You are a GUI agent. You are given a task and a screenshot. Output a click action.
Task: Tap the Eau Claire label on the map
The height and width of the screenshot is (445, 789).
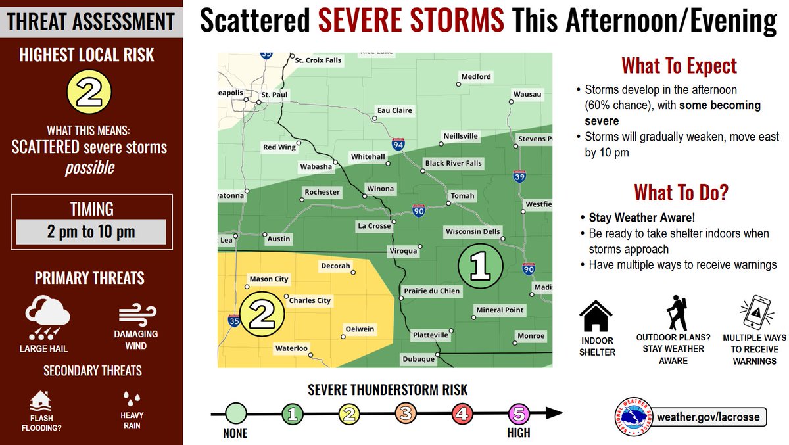tap(394, 110)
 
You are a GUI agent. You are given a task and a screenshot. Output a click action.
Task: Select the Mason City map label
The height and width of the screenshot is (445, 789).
tap(269, 279)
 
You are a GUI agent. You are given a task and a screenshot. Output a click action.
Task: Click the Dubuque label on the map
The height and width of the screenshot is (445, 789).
tap(418, 359)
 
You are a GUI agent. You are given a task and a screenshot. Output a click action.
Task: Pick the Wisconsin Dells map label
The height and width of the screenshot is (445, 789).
tap(473, 232)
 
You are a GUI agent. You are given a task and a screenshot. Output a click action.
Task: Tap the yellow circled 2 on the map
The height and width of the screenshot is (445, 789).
tap(261, 315)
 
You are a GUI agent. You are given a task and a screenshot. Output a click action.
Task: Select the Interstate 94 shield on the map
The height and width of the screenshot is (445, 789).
tap(398, 143)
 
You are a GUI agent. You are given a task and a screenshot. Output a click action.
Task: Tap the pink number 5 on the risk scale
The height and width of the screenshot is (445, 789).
tap(519, 413)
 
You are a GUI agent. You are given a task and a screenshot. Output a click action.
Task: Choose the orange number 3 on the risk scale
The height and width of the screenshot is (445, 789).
tap(406, 413)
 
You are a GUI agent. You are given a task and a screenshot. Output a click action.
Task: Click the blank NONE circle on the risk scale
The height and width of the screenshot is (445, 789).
tap(237, 413)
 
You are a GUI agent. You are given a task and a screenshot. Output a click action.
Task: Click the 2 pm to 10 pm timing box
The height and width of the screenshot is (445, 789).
tap(91, 232)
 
